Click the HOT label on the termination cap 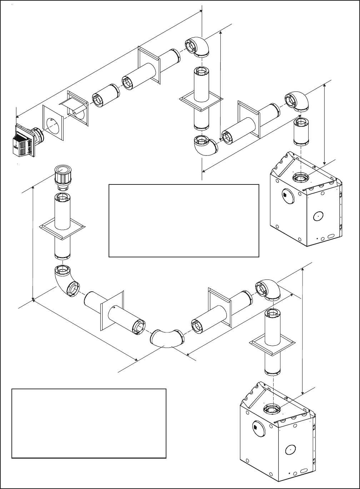click(x=16, y=146)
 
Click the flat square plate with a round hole click(x=54, y=123)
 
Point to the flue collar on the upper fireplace click(x=299, y=178)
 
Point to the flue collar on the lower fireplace click(x=271, y=408)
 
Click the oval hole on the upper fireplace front click(x=317, y=216)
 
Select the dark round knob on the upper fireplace click(x=285, y=195)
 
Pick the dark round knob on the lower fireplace click(x=255, y=426)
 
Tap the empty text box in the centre click(x=184, y=220)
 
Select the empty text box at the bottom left click(x=89, y=423)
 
